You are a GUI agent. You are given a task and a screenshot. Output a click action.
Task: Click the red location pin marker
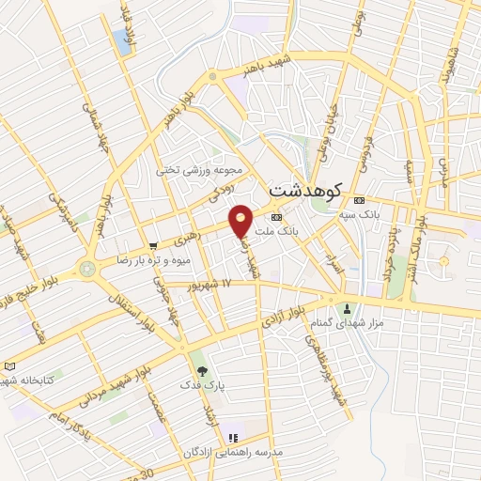click(x=241, y=220)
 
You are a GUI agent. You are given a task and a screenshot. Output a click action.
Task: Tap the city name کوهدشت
click(x=307, y=186)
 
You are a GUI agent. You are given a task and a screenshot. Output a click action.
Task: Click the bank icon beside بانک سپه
click(x=358, y=201)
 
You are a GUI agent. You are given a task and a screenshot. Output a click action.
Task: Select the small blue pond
click(x=123, y=40)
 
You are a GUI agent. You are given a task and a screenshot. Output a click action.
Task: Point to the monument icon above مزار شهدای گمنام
click(x=348, y=309)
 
